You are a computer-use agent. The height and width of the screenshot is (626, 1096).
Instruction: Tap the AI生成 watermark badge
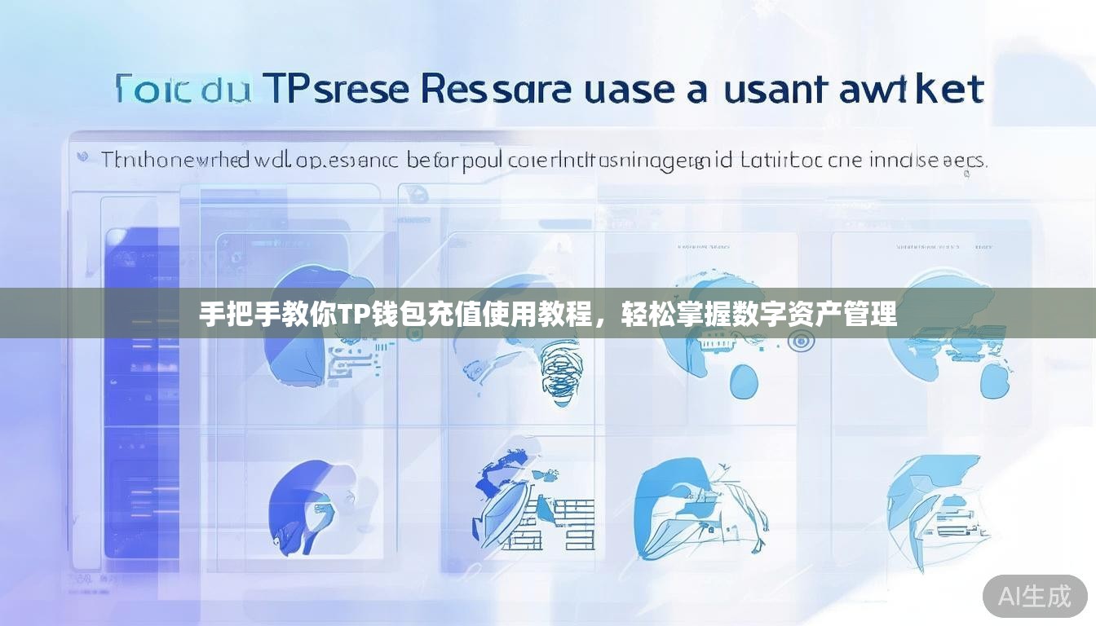click(1035, 596)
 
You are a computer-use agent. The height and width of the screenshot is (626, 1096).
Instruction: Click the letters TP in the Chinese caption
click(352, 314)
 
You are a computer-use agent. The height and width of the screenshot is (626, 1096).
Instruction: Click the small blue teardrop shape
click(744, 381)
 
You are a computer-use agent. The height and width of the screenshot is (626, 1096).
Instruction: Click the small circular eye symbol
click(799, 342)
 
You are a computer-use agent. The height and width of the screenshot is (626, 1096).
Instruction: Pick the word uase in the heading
click(629, 89)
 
